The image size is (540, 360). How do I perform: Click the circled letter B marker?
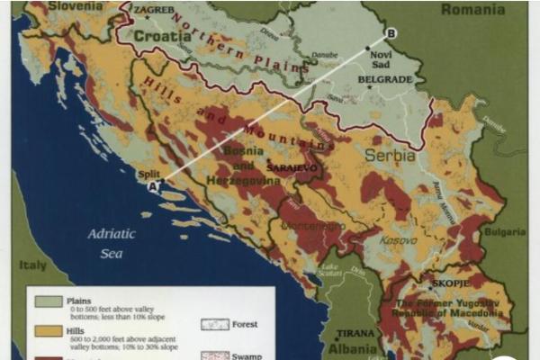pyautogui.click(x=391, y=34)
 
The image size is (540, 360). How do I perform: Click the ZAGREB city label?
pyautogui.click(x=153, y=10)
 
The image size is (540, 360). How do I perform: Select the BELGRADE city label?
pyautogui.click(x=385, y=79)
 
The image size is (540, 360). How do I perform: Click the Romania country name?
pyautogui.click(x=472, y=10)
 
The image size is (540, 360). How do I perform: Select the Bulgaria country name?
pyautogui.click(x=505, y=231)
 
